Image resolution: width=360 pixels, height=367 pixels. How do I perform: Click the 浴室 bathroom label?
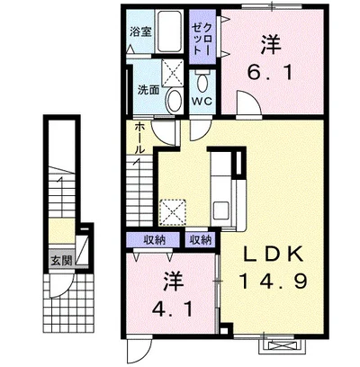140,31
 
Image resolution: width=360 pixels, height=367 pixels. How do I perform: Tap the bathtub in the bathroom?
169,31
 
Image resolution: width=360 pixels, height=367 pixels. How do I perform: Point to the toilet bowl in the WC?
202,82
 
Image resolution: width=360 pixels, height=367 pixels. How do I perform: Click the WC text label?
202,101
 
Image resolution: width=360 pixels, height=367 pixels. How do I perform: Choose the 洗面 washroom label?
148,90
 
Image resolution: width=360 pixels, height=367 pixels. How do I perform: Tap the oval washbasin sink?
174,101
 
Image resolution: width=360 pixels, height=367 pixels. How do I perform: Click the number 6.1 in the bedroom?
270,73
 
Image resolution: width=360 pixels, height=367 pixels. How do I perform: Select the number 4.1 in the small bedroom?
172,309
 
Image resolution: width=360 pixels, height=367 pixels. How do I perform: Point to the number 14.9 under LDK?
273,281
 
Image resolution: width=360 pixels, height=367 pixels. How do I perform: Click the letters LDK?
272,255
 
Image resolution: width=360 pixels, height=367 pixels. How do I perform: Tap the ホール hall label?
139,138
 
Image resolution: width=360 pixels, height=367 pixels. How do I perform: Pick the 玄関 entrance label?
61,261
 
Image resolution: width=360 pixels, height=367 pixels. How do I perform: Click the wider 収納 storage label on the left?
154,240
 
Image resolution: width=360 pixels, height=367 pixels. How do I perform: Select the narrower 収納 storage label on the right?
201,240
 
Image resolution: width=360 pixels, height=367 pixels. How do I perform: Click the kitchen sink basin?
220,210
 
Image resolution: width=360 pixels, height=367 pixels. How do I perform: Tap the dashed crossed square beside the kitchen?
172,212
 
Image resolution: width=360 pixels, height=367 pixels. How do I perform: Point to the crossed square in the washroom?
172,72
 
